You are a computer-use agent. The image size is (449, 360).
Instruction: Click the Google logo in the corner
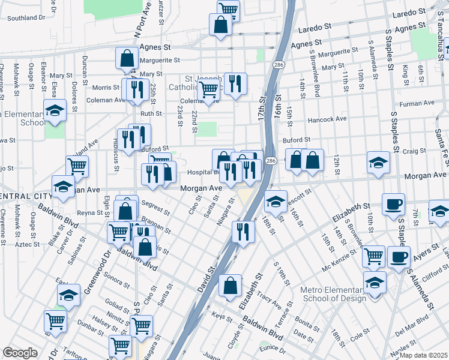[x=19, y=353]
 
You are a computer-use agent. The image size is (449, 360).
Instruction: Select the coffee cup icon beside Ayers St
[x=399, y=257]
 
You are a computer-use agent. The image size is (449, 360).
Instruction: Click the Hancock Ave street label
[x=327, y=119]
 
